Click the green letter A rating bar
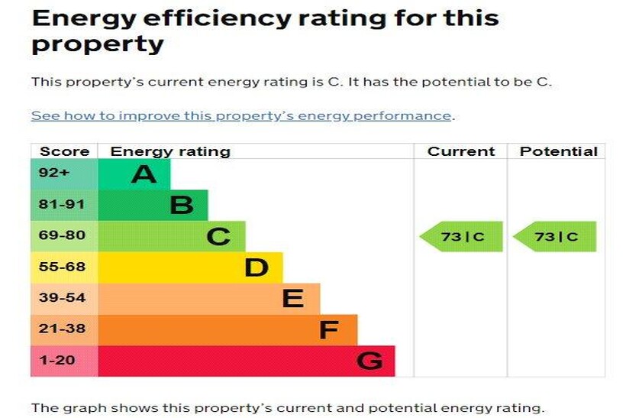point(134,174)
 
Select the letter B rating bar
point(153,205)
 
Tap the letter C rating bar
point(172,236)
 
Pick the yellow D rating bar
point(190,267)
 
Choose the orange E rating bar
point(208,298)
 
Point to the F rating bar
point(227,329)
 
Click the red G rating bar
point(246,361)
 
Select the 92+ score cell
point(64,174)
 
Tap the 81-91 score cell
point(64,205)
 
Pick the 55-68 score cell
point(64,267)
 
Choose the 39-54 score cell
point(64,298)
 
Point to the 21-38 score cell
point(64,329)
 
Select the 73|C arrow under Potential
point(555,237)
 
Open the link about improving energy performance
point(241,116)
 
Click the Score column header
point(64,151)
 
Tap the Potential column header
point(558,151)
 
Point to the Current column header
point(461,151)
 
